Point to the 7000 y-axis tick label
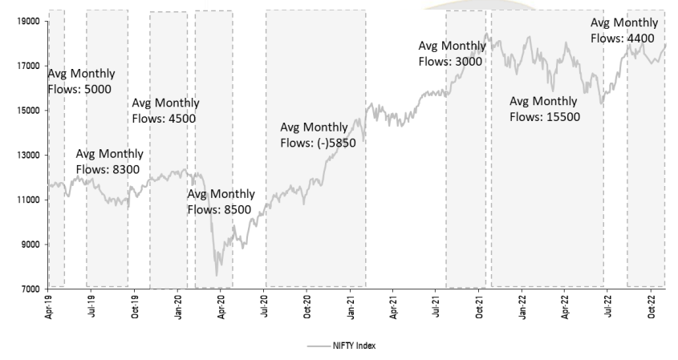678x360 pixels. point(30,289)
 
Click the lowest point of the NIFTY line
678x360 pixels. point(216,275)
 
